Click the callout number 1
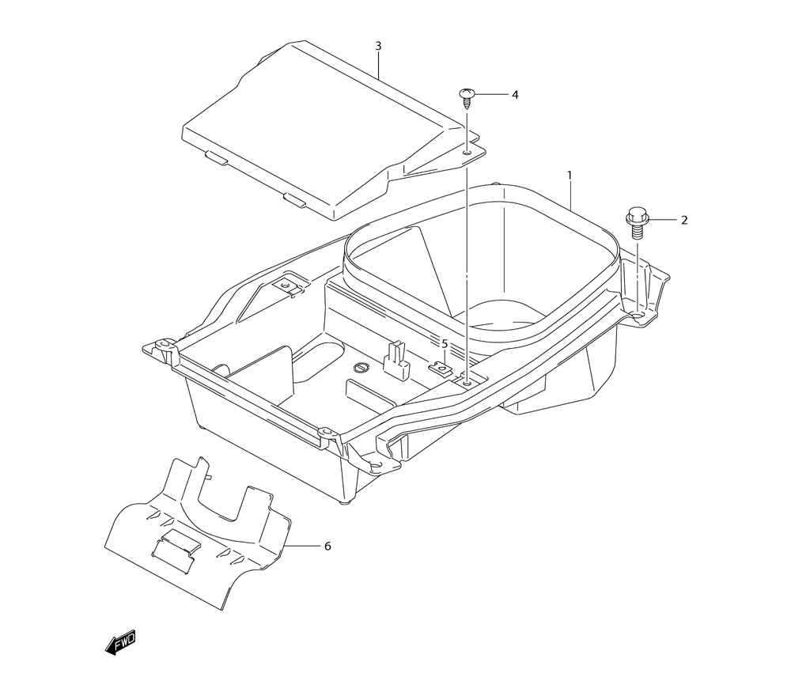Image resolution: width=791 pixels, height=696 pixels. pyautogui.click(x=569, y=175)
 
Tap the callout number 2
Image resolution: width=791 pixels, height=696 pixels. pyautogui.click(x=684, y=220)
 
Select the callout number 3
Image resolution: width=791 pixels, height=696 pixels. pyautogui.click(x=378, y=46)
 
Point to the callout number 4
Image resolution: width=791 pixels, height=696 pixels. pyautogui.click(x=515, y=94)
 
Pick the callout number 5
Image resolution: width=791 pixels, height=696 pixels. pyautogui.click(x=445, y=343)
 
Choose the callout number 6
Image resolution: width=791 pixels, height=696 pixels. pyautogui.click(x=327, y=546)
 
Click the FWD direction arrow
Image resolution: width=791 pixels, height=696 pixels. pyautogui.click(x=120, y=642)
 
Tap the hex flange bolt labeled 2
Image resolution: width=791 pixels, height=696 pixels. pyautogui.click(x=637, y=223)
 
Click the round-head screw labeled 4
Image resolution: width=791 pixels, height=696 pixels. pyautogui.click(x=467, y=97)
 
